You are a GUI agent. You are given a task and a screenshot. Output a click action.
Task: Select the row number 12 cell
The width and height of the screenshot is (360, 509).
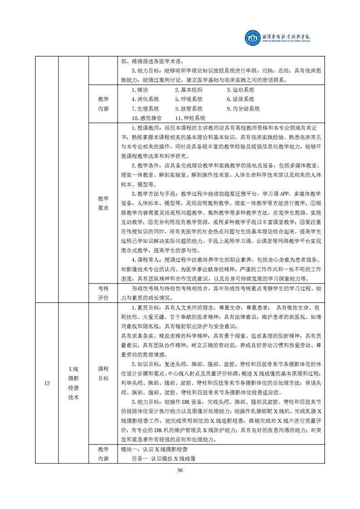point(47,383)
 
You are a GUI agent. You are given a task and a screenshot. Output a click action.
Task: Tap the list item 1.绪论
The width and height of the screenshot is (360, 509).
point(139,90)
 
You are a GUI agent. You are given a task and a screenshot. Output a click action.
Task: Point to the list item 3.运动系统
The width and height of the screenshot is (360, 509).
point(241,90)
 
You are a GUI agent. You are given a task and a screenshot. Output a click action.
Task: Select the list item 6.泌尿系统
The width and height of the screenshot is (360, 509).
point(241,99)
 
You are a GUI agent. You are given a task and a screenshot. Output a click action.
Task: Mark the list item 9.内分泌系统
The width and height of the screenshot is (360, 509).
point(243,109)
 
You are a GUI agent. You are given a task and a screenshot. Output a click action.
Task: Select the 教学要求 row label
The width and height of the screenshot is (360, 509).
point(103,203)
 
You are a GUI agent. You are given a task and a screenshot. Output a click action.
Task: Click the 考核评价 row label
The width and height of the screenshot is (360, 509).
point(103,293)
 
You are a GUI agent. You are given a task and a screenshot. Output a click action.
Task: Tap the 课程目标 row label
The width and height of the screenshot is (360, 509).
point(103,373)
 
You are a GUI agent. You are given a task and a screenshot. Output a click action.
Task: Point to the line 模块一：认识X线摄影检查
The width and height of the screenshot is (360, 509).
point(154,450)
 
